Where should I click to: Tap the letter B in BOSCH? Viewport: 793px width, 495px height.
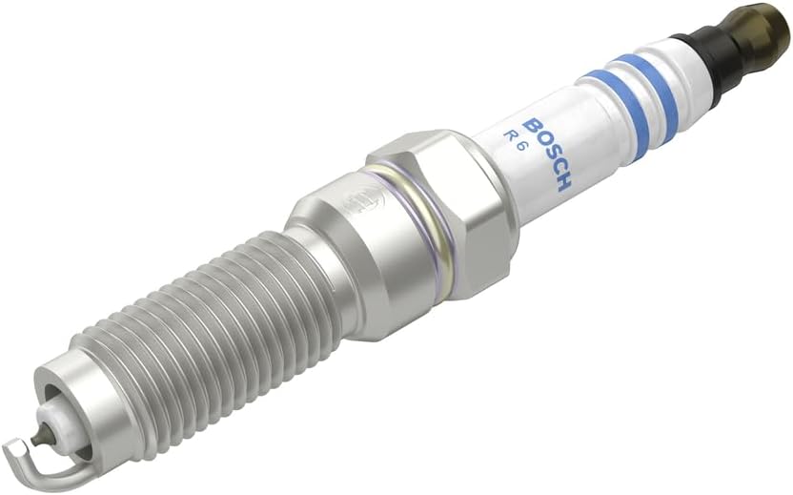tap(532, 127)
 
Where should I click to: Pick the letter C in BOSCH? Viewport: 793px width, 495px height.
tap(555, 170)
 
